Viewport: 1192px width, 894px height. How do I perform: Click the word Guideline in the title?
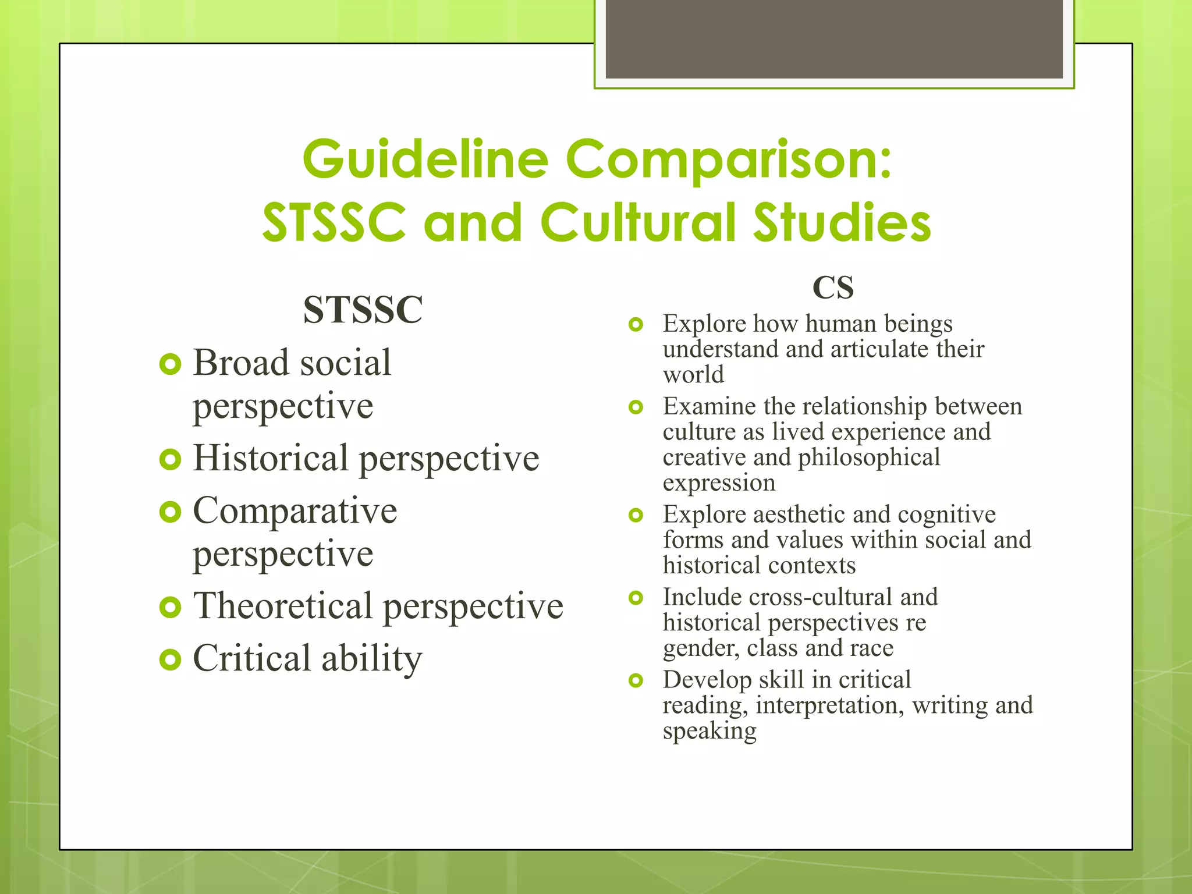coord(425,160)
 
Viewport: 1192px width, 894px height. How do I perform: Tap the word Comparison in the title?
coord(728,160)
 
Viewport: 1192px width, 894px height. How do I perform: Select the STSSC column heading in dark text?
coord(363,310)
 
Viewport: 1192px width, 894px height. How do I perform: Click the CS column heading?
coord(833,288)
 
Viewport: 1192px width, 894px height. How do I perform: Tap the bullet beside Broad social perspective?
coord(170,365)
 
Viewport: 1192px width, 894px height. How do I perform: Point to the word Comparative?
coord(295,511)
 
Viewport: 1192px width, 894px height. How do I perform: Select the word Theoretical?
coord(282,606)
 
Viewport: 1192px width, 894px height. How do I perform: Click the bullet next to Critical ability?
coord(170,659)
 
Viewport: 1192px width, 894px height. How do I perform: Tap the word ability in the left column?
coord(371,659)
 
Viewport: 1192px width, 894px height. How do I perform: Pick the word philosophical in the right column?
coord(868,457)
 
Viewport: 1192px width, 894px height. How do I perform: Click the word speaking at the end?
coord(709,731)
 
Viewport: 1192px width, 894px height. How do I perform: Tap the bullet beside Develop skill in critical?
coord(636,680)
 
